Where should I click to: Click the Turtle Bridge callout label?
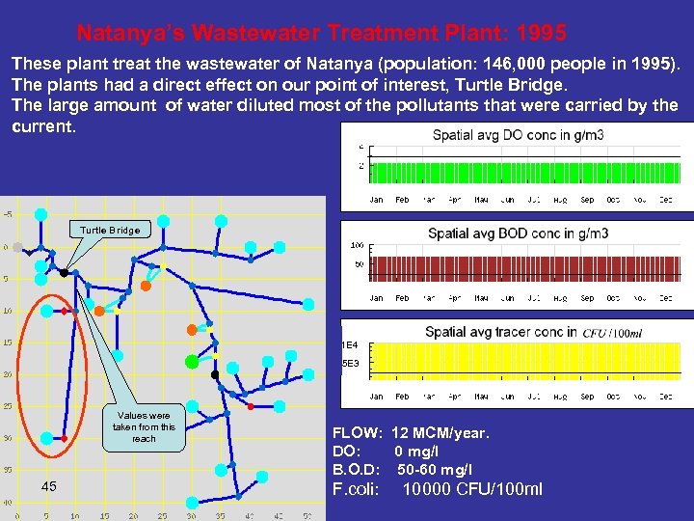pos(110,230)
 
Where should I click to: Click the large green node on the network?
pos(192,362)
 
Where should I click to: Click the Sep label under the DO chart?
pos(587,200)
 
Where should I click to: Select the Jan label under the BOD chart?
pos(376,298)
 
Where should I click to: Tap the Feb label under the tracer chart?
pos(403,397)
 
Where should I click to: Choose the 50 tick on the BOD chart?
pos(357,264)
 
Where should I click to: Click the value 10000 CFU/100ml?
pos(472,489)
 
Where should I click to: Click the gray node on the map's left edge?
pos(16,247)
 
